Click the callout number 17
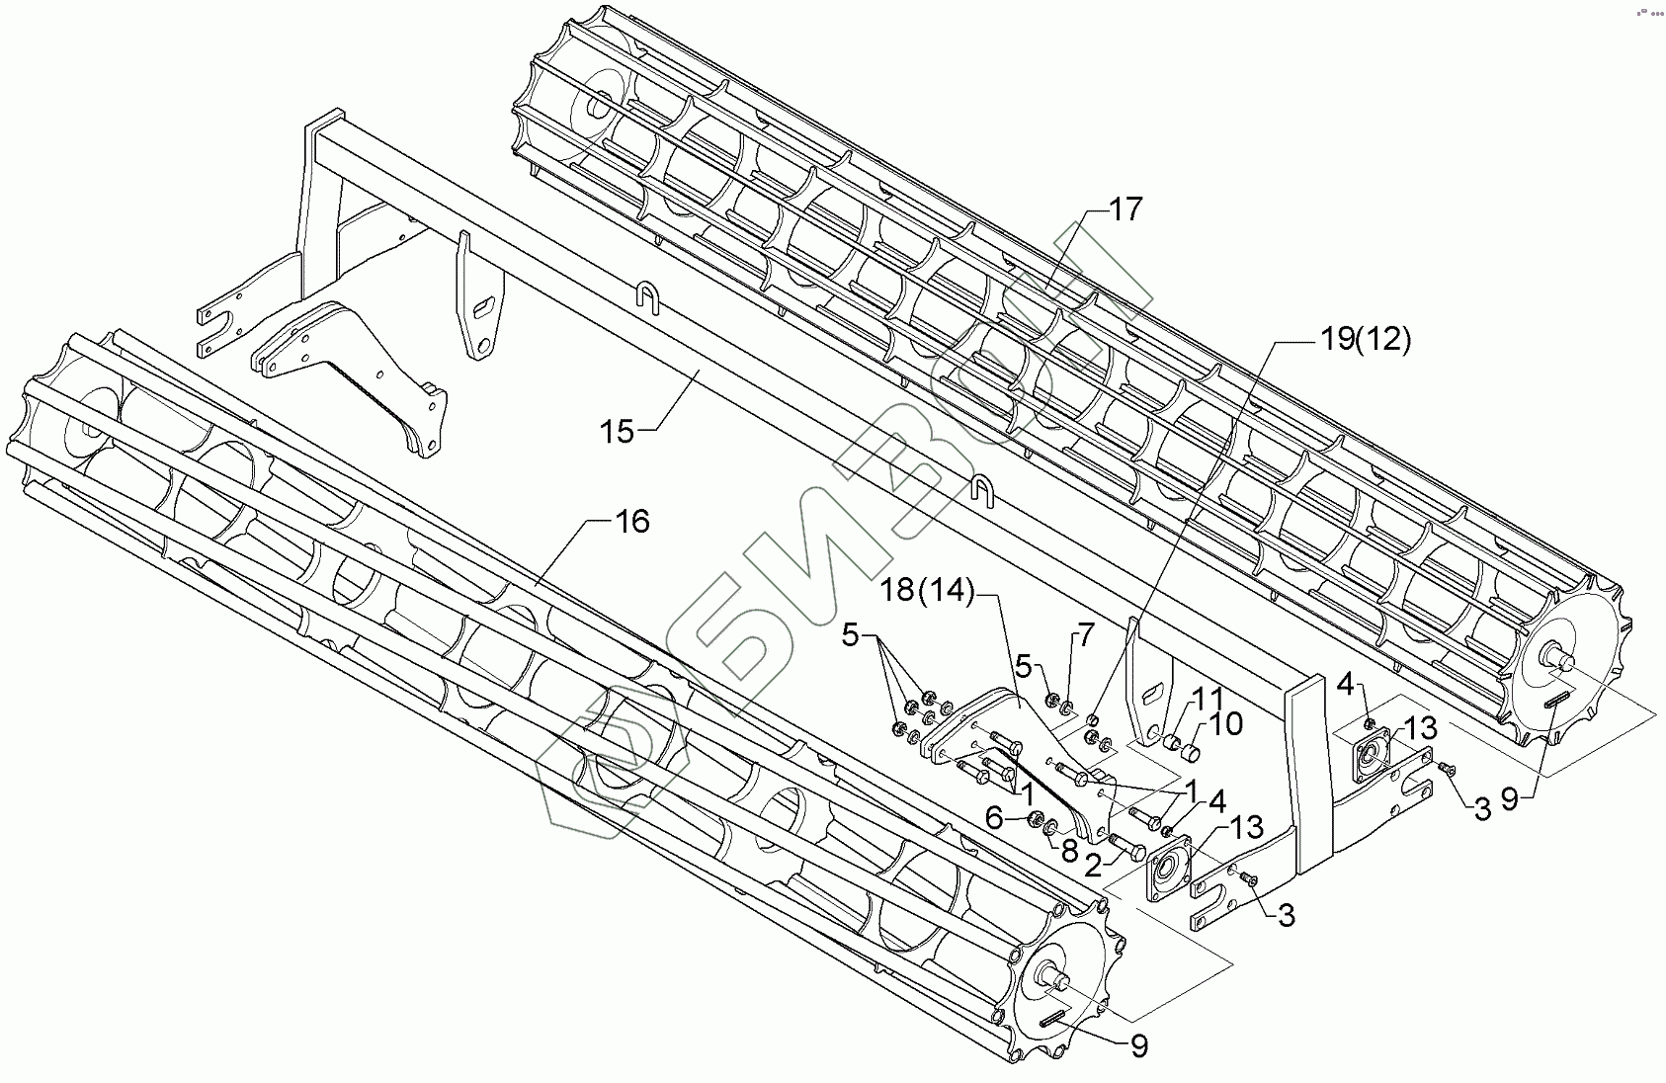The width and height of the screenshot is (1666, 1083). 1124,209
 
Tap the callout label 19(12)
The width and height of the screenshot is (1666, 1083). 1365,340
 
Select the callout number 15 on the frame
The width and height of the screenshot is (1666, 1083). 618,432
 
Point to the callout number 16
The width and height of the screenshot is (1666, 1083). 631,521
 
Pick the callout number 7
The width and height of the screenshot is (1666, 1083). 1086,634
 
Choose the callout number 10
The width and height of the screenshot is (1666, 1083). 1224,724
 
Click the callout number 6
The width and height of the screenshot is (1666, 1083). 995,818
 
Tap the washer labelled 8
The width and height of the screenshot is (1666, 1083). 1053,825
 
